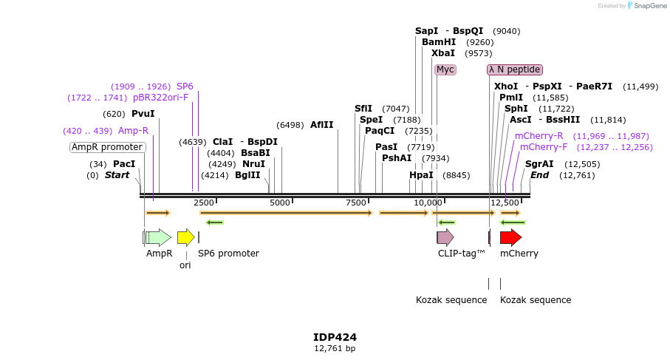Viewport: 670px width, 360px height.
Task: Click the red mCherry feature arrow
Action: pos(510,237)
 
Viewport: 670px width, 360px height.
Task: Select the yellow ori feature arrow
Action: pos(185,237)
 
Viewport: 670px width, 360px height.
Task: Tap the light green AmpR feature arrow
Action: pos(157,237)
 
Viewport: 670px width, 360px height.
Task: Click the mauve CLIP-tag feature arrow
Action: pos(445,237)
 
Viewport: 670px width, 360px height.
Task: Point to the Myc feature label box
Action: pos(445,69)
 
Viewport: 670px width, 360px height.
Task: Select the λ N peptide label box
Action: pos(515,69)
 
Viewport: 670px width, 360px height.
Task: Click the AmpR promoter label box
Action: pos(107,147)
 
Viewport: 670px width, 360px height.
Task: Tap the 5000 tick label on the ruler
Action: pos(280,203)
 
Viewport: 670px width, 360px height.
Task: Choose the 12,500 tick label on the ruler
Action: pos(505,203)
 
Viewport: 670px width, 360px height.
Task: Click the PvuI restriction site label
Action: pos(143,114)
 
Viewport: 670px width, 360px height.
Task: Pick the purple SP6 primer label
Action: pos(185,86)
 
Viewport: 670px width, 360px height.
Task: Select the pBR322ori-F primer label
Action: pos(160,98)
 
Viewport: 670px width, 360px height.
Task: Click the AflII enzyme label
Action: pos(321,125)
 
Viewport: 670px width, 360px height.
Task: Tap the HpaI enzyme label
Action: pos(421,175)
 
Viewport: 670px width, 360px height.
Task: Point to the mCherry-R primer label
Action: pos(539,136)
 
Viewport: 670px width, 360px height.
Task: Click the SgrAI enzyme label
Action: pos(539,164)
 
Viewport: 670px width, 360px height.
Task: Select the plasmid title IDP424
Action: pos(335,336)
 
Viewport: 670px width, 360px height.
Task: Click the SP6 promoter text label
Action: pos(228,254)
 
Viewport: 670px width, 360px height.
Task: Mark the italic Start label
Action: pos(117,175)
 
